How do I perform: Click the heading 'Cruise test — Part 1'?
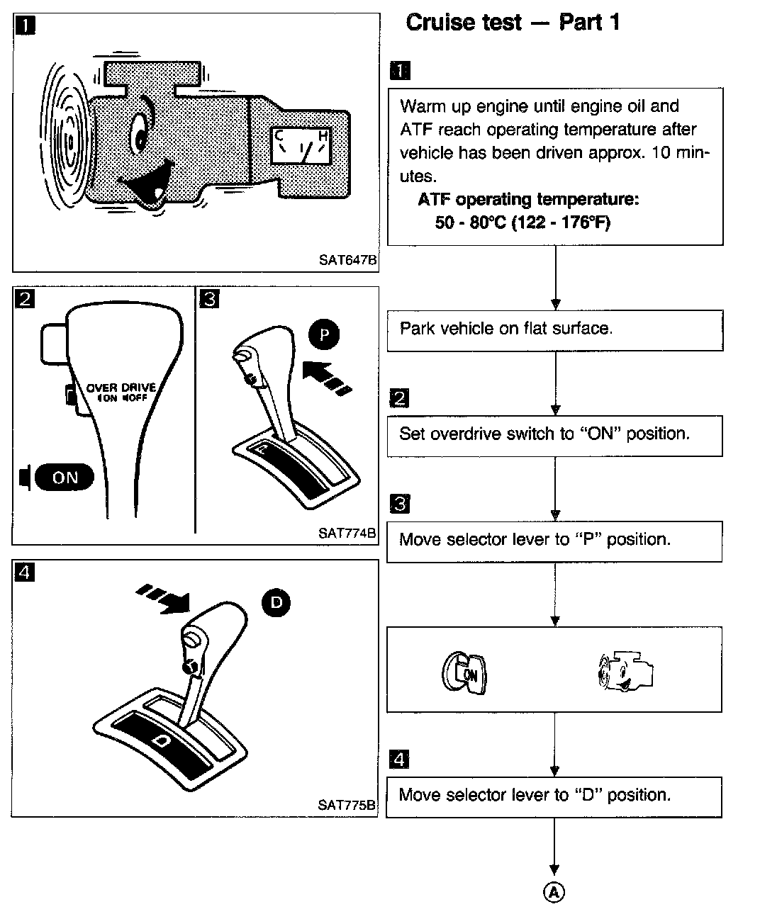pos(513,23)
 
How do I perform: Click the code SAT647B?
pos(347,260)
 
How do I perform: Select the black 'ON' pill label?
pos(65,477)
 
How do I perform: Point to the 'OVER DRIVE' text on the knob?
pos(121,388)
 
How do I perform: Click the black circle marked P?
pos(324,334)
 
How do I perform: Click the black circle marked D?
pos(276,603)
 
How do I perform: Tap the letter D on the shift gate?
pos(162,740)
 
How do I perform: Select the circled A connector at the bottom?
pos(554,892)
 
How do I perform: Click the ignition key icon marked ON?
pos(466,672)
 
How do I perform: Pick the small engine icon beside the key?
pos(625,672)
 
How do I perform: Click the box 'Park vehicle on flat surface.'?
pos(554,329)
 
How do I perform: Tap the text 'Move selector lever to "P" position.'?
pos(535,540)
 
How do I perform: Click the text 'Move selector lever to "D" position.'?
pos(535,795)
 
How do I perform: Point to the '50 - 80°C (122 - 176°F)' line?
pos(522,222)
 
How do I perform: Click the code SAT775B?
pos(347,805)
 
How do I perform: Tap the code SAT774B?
pos(347,533)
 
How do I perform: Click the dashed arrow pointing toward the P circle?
pos(325,378)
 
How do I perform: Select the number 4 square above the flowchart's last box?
pos(400,760)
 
